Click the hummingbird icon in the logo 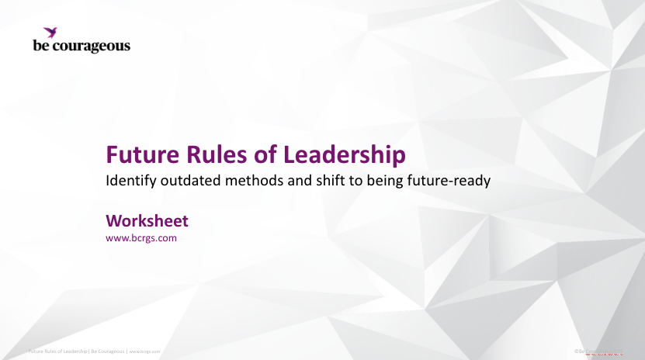pos(51,32)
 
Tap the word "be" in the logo pos(40,46)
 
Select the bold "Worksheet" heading pos(147,220)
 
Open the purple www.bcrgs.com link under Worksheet pos(141,237)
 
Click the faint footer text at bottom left pos(94,351)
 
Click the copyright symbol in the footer pos(576,351)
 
